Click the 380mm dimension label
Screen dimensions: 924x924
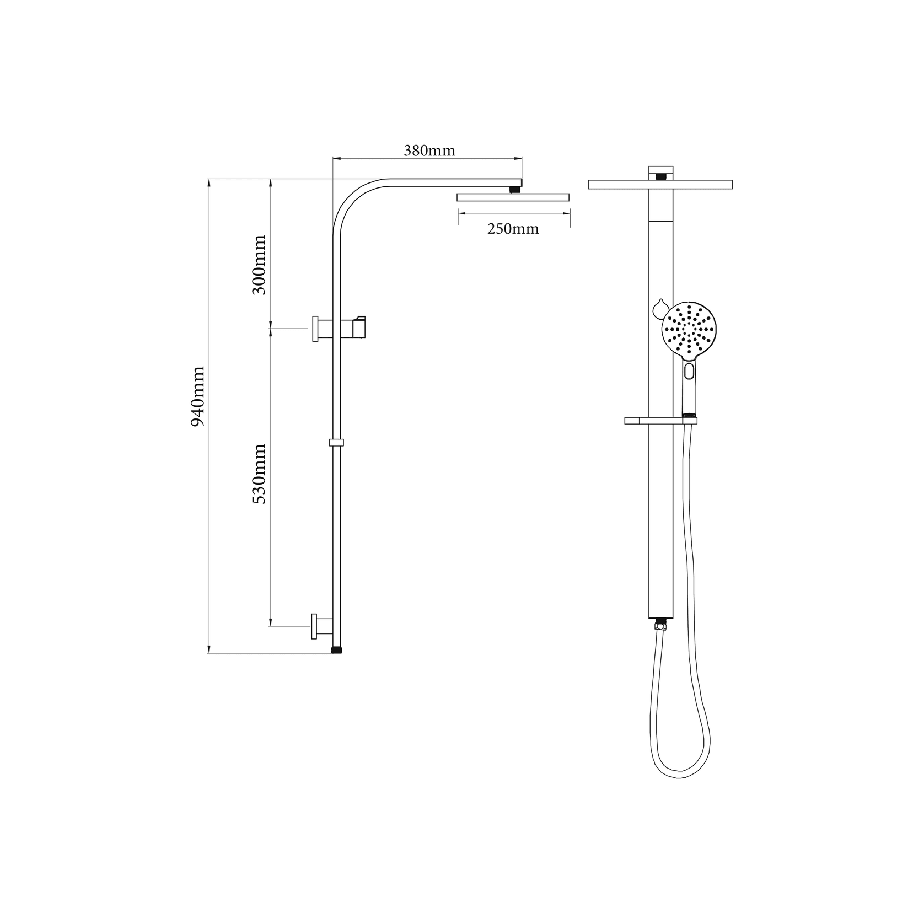pos(429,151)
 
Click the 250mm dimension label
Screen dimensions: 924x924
pos(513,229)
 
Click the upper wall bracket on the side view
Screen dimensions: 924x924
pos(321,329)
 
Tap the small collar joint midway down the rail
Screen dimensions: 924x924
pos(336,442)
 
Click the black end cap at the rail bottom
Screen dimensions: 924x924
pos(336,650)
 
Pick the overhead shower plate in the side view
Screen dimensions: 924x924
pos(513,197)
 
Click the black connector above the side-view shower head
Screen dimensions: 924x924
pos(515,190)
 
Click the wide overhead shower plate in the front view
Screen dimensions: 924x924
pos(660,185)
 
